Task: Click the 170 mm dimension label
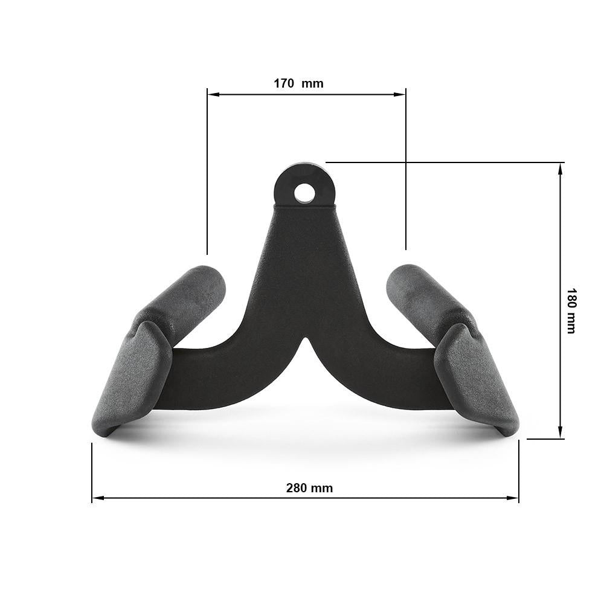pos(298,83)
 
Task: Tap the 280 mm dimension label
pos(309,488)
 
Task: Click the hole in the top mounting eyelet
pos(304,192)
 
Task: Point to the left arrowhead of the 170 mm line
pos(212,94)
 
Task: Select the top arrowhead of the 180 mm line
pos(561,169)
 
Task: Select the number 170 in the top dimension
pos(284,83)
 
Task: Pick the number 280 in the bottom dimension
pos(296,488)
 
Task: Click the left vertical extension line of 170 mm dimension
pos(207,181)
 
